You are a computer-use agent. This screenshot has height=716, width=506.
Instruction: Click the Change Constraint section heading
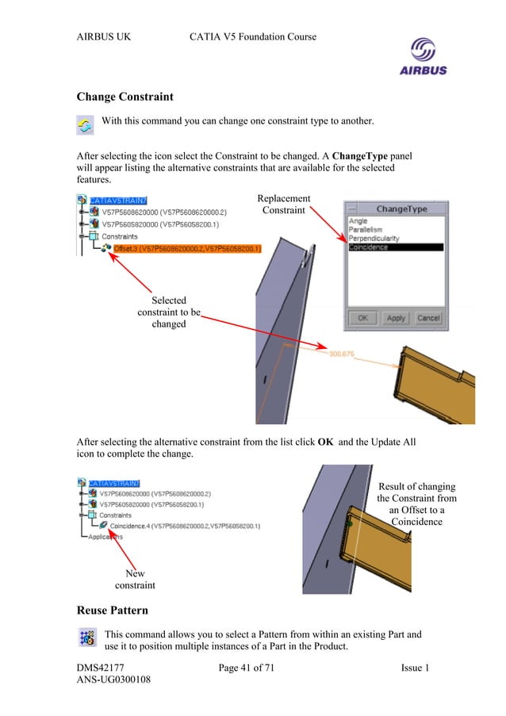(x=125, y=98)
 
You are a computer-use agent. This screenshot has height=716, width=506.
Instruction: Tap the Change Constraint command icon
(x=85, y=125)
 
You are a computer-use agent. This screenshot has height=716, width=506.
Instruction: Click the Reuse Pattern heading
(x=115, y=611)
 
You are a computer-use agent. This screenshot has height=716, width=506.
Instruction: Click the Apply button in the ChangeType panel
(x=396, y=317)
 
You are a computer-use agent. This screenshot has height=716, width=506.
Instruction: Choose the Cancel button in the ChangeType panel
(x=428, y=317)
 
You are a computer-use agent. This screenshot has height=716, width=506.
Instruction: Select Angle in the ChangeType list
(x=358, y=221)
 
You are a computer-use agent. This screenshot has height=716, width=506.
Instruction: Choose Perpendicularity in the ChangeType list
(x=374, y=239)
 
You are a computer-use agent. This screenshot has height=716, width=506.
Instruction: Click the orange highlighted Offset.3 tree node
(x=187, y=249)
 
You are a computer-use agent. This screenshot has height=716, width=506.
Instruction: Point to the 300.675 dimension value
(x=343, y=354)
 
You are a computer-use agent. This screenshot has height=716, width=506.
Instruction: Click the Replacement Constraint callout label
(x=284, y=204)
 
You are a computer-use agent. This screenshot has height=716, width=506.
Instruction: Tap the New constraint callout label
(x=135, y=579)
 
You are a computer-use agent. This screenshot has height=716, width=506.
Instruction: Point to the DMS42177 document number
(x=100, y=668)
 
